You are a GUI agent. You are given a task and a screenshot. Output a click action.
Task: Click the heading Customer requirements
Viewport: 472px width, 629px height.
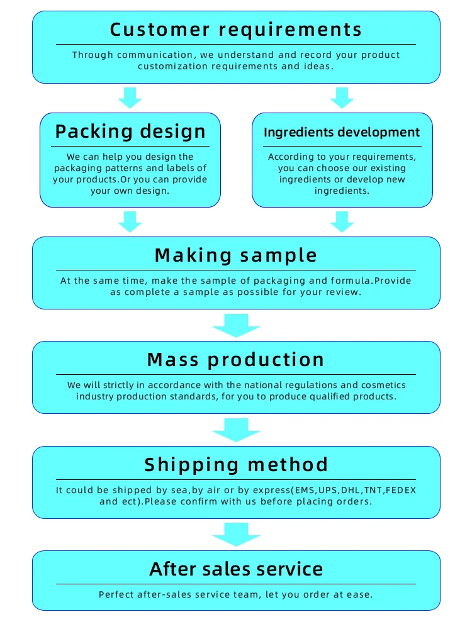(236, 29)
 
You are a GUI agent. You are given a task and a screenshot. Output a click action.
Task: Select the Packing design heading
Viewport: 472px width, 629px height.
(130, 131)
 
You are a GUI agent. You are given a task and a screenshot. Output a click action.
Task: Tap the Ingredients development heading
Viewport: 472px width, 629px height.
(342, 132)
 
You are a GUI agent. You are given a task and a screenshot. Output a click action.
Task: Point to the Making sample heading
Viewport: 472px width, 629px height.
(236, 255)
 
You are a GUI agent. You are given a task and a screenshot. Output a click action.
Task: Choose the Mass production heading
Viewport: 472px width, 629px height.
(236, 359)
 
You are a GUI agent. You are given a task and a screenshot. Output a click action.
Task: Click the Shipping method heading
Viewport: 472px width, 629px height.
(236, 464)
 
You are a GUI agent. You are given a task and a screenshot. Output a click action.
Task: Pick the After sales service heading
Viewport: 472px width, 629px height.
(236, 569)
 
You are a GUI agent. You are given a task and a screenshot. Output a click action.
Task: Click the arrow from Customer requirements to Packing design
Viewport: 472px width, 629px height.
(130, 97)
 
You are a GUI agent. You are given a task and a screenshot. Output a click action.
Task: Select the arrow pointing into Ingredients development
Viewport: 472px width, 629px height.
(342, 97)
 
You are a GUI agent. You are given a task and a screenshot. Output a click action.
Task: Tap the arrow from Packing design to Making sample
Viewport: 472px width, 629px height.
(130, 221)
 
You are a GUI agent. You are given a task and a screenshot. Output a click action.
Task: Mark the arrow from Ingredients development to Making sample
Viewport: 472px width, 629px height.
(342, 221)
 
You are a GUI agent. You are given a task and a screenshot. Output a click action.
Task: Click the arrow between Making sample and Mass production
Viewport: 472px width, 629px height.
(236, 325)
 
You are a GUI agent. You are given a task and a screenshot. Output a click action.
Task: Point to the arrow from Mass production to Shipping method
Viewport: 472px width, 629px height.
(236, 430)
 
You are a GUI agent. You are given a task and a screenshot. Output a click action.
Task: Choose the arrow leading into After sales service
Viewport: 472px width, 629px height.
(236, 535)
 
